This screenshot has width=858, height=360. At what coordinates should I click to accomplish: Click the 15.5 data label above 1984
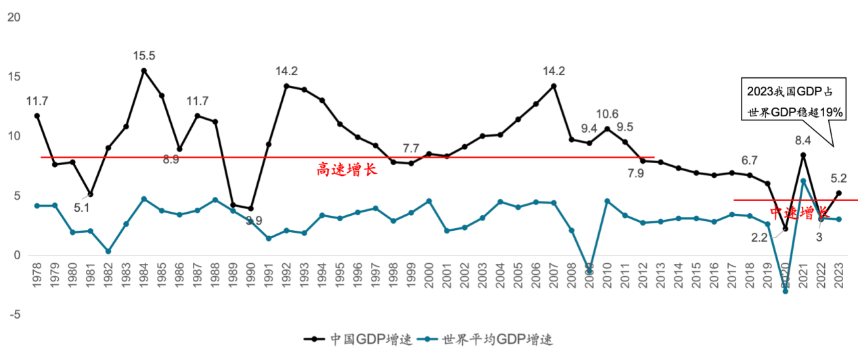[x=143, y=55]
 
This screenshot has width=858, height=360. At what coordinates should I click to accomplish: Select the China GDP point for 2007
[x=554, y=86]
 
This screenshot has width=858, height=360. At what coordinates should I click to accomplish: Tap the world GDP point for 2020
[x=785, y=291]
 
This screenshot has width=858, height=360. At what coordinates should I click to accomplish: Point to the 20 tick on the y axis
[x=13, y=17]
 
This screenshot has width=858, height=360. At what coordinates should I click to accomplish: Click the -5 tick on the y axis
[x=13, y=315]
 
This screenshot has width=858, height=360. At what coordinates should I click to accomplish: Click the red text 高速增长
[x=346, y=169]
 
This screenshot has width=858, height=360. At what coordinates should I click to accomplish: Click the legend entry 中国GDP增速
[x=360, y=339]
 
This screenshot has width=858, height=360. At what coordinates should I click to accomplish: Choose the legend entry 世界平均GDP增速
[x=489, y=339]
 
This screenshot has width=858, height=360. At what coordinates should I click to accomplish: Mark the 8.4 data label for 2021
[x=803, y=141]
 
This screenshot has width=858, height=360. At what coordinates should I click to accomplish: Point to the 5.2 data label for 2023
[x=838, y=178]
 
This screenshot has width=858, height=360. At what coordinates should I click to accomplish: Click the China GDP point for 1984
[x=143, y=70]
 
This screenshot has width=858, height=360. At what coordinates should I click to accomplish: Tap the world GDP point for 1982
[x=108, y=251]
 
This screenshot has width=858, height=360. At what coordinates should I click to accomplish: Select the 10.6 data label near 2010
[x=607, y=114]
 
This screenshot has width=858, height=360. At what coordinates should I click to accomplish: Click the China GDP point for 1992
[x=286, y=86]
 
